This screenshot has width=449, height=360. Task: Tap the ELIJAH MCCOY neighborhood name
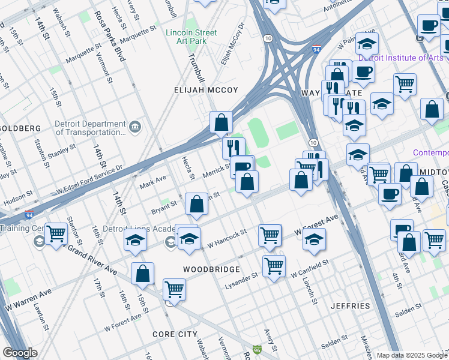pyautogui.click(x=206, y=90)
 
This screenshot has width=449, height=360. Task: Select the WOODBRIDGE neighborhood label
pyautogui.click(x=211, y=269)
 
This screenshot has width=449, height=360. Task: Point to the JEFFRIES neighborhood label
pyautogui.click(x=350, y=306)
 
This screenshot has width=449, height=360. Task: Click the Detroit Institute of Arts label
pyautogui.click(x=401, y=58)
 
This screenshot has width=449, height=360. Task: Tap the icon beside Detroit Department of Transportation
pyautogui.click(x=135, y=127)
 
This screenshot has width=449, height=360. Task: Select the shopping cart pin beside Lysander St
pyautogui.click(x=274, y=265)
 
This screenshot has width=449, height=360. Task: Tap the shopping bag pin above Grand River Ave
pyautogui.click(x=143, y=274)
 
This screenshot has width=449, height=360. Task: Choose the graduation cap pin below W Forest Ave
pyautogui.click(x=315, y=238)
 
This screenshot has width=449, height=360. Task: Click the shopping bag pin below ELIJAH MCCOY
pyautogui.click(x=221, y=122)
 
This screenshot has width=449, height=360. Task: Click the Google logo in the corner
pyautogui.click(x=20, y=353)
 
